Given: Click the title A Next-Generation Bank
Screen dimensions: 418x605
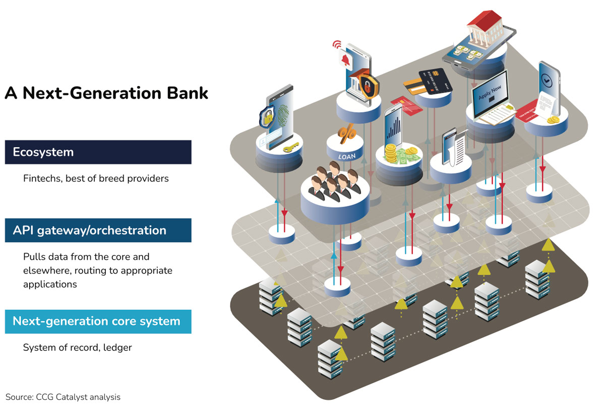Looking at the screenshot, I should [x=106, y=93].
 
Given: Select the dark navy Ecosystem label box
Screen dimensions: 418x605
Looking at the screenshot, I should [x=98, y=152].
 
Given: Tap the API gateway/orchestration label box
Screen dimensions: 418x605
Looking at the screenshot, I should [x=98, y=230].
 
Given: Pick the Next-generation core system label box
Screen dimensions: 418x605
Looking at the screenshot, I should [x=98, y=321].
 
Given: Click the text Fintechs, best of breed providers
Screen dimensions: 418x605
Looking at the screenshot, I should [x=96, y=178].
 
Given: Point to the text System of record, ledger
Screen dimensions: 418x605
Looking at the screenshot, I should [x=77, y=347].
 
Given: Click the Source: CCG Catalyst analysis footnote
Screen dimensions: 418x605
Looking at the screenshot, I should [x=63, y=397].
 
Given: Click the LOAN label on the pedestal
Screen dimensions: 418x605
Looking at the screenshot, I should [x=347, y=156].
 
